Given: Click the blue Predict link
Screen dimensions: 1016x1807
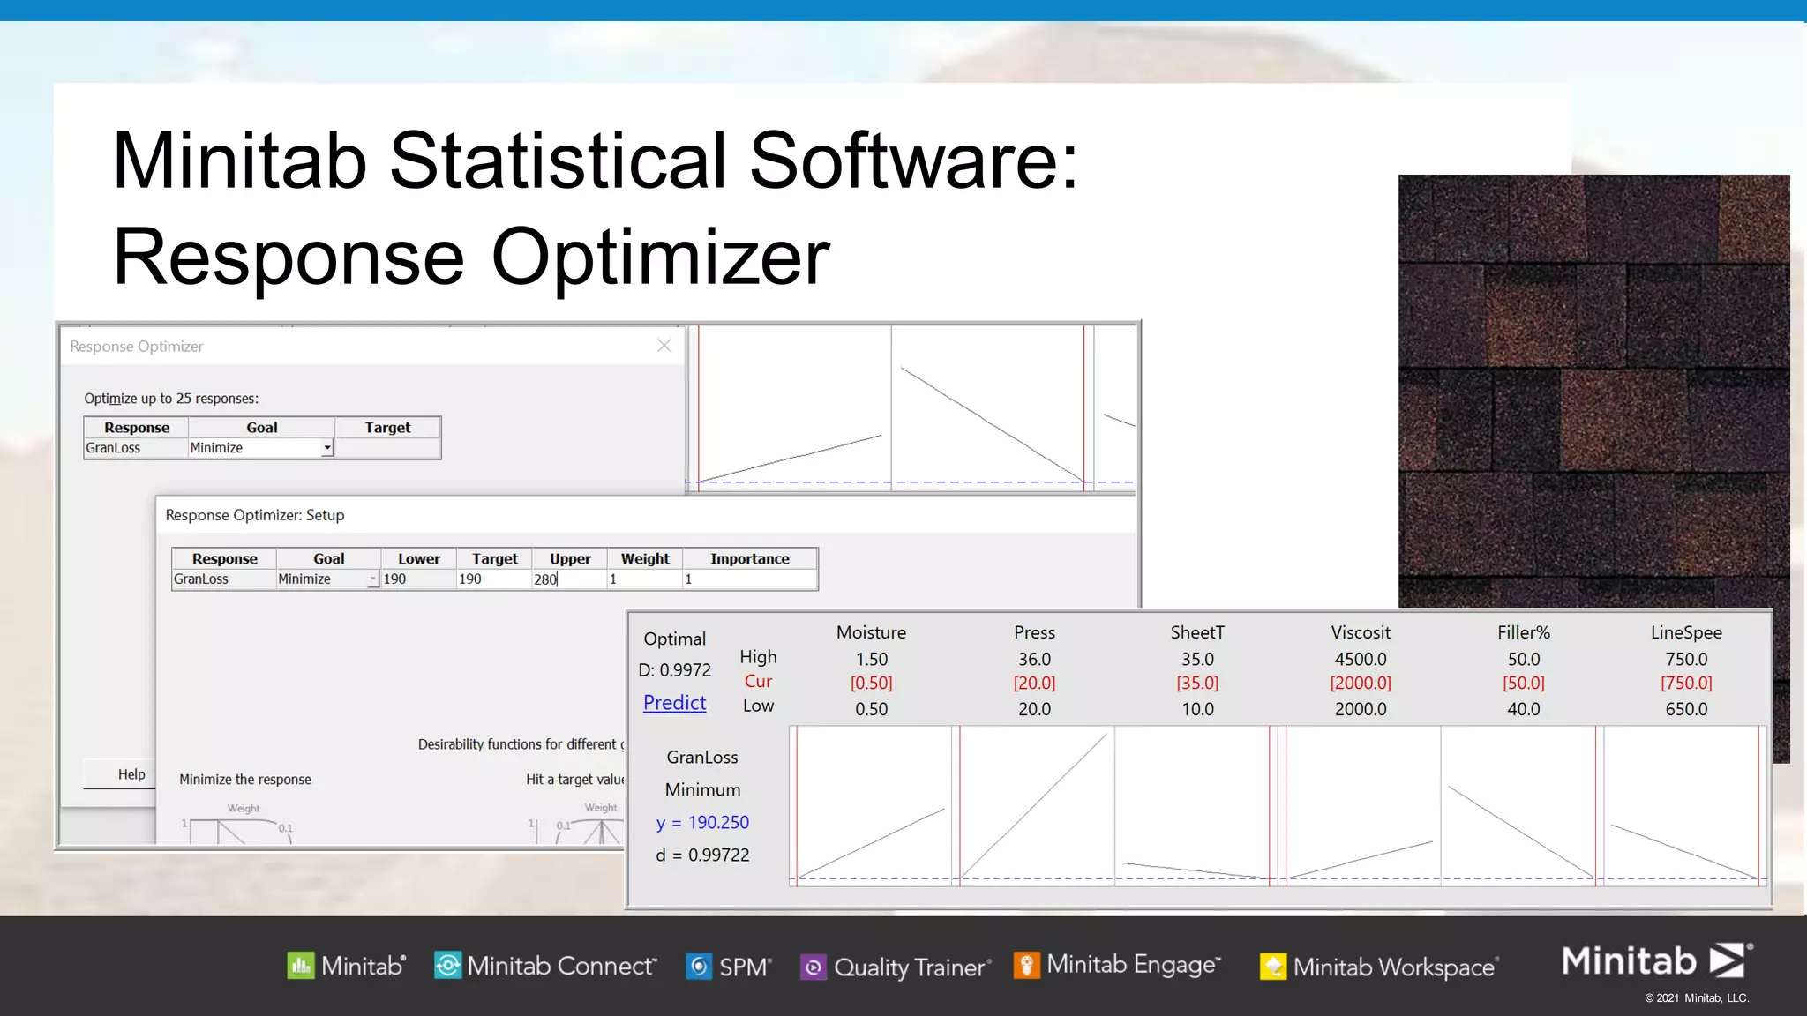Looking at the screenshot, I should tap(674, 703).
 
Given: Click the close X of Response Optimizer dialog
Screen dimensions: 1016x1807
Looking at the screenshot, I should tap(664, 346).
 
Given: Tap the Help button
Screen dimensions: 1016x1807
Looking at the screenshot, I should tap(131, 774).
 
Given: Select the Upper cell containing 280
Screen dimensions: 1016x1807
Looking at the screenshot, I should tap(567, 579).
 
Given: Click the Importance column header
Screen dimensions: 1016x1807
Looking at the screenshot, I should tap(749, 559).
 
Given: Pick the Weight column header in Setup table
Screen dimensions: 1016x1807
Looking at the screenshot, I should tap(645, 559).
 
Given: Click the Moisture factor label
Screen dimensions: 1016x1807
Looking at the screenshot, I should tap(871, 632).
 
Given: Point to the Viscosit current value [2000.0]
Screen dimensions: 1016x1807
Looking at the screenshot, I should tap(1360, 684).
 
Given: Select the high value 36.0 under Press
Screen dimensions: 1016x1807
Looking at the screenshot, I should tap(1034, 660).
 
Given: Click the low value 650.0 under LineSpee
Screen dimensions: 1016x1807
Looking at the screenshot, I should tap(1685, 709).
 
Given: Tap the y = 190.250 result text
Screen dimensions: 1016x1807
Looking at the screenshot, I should tap(702, 823).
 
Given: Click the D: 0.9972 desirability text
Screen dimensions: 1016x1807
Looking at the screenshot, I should tap(674, 670).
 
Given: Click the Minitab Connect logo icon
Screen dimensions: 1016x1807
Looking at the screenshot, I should tap(447, 966).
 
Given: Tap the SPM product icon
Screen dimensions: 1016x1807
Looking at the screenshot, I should tap(699, 967).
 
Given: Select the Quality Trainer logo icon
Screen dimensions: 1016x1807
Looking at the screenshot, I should tap(813, 967).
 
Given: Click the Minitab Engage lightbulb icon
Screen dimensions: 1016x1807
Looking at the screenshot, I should tap(1026, 965).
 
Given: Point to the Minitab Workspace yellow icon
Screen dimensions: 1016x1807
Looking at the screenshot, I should tap(1272, 967).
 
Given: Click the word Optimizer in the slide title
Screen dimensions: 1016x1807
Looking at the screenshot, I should tap(660, 258).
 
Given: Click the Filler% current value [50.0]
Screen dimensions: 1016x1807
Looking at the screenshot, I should tap(1523, 684).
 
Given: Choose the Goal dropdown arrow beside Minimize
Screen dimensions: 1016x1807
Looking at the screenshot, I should tap(326, 448).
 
